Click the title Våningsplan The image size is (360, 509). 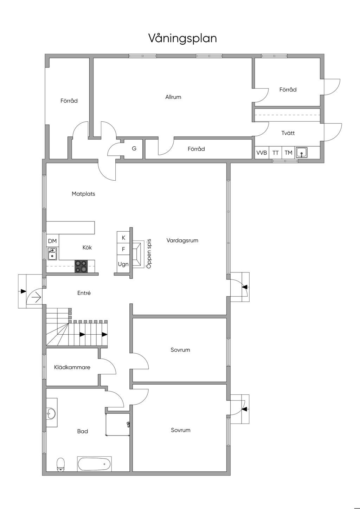182,38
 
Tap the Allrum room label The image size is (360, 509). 173,97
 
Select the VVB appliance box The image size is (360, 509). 262,153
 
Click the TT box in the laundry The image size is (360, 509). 276,153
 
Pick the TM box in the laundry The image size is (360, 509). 288,153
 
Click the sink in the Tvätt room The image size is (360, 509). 302,153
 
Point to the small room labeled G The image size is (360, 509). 133,149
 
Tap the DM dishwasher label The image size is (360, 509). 52,241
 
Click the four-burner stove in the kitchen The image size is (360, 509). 81,266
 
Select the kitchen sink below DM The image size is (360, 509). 52,254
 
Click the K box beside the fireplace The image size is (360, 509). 123,238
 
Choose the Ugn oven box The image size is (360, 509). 123,264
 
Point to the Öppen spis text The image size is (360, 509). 149,253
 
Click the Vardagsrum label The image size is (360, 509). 182,240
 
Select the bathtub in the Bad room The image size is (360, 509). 94,464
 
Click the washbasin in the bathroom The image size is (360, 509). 51,413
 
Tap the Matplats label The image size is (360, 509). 83,194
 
